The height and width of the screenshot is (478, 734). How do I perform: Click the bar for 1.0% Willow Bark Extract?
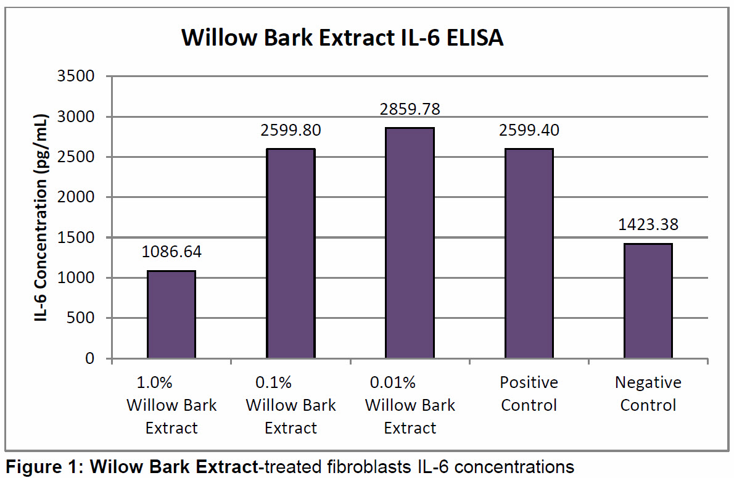click(x=171, y=314)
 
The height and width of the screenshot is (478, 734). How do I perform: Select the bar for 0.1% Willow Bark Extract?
click(x=291, y=253)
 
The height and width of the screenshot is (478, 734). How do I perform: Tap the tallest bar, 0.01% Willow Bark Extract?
click(x=410, y=242)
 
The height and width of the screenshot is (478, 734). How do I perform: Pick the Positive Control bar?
click(x=529, y=253)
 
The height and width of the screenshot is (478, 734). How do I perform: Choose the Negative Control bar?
click(x=648, y=300)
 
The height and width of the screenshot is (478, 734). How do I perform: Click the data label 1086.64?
click(x=171, y=252)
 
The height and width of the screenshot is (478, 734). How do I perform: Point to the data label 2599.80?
click(x=291, y=130)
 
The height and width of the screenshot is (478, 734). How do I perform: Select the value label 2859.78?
click(x=410, y=109)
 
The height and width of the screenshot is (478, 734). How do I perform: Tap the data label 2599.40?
click(x=529, y=130)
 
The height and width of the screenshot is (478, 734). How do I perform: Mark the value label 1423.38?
click(x=648, y=225)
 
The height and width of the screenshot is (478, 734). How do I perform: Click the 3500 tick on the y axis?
click(x=76, y=76)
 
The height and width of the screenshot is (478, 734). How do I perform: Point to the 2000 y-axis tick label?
click(x=76, y=197)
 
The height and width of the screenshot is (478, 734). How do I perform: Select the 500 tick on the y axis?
click(x=81, y=318)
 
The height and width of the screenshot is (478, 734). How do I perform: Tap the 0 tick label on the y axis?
click(x=90, y=358)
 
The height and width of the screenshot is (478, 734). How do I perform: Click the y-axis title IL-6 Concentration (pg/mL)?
click(x=41, y=217)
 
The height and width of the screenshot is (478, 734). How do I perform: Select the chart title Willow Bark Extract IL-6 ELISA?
click(x=342, y=38)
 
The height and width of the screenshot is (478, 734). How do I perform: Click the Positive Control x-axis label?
click(x=529, y=394)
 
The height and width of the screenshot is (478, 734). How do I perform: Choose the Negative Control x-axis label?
click(x=648, y=394)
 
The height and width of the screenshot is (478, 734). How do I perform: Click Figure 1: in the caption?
click(x=45, y=468)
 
